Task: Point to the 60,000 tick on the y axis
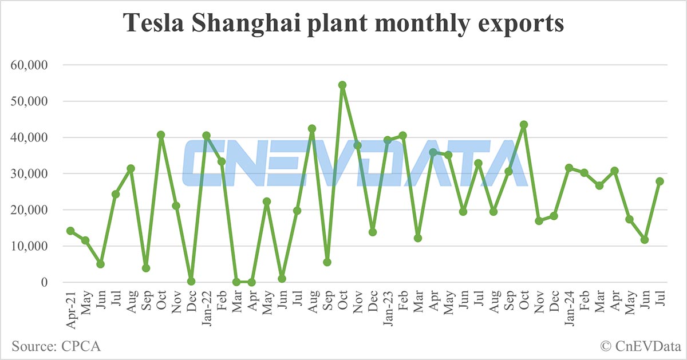pyautogui.click(x=32, y=65)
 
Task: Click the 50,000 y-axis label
pyautogui.click(x=32, y=101)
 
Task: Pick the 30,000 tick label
pyautogui.click(x=32, y=174)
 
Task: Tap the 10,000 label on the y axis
pyautogui.click(x=32, y=246)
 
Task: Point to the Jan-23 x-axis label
pyautogui.click(x=388, y=306)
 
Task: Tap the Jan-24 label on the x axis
pyautogui.click(x=569, y=306)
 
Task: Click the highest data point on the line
pyautogui.click(x=342, y=85)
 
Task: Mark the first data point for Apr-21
pyautogui.click(x=70, y=231)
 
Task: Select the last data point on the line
pyautogui.click(x=660, y=181)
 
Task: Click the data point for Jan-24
pyautogui.click(x=569, y=168)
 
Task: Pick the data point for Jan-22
pyautogui.click(x=206, y=136)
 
